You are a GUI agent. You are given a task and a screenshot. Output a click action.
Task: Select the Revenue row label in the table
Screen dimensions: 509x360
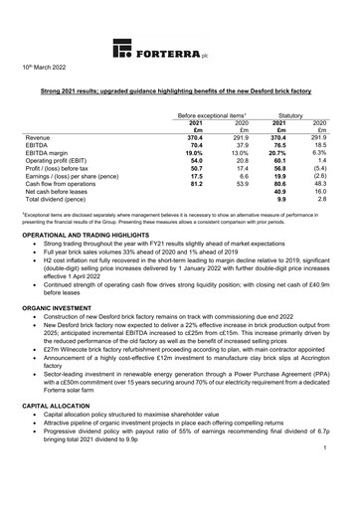[38, 139]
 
